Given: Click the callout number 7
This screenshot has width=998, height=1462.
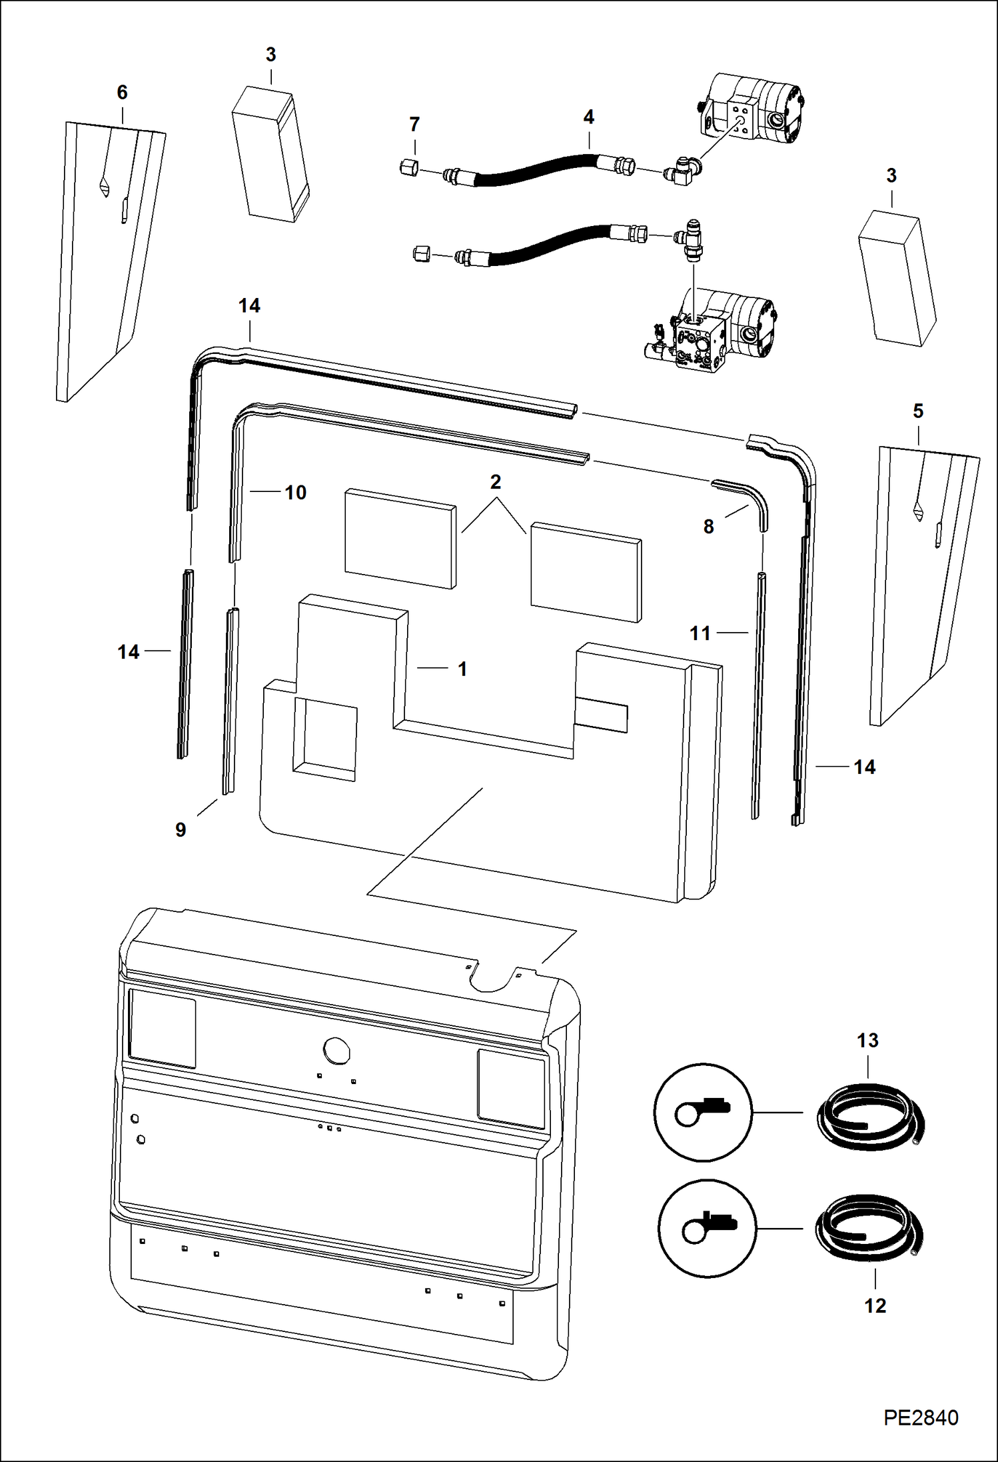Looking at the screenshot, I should (x=414, y=125).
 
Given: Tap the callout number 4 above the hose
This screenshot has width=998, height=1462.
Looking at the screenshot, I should (x=588, y=117).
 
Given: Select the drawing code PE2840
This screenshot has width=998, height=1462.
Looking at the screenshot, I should (x=921, y=1417).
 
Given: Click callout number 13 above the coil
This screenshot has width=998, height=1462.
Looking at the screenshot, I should (x=867, y=1041).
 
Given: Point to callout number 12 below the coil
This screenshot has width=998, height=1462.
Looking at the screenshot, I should (x=875, y=1305).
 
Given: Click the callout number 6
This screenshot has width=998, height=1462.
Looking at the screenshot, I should (x=122, y=93).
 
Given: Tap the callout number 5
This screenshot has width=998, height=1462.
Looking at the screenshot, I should (x=918, y=411).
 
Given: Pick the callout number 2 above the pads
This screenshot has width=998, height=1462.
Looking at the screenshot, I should (x=495, y=482).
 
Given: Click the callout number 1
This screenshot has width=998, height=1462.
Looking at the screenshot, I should (x=462, y=669).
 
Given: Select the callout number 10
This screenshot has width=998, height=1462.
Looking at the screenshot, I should (x=295, y=493).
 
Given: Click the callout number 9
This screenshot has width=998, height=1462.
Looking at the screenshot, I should (x=181, y=830).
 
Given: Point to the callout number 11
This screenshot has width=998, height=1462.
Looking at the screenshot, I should (x=700, y=633).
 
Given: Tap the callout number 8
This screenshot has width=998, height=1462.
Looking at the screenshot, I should (x=708, y=527).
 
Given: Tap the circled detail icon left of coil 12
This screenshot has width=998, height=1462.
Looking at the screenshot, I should (x=707, y=1228).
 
